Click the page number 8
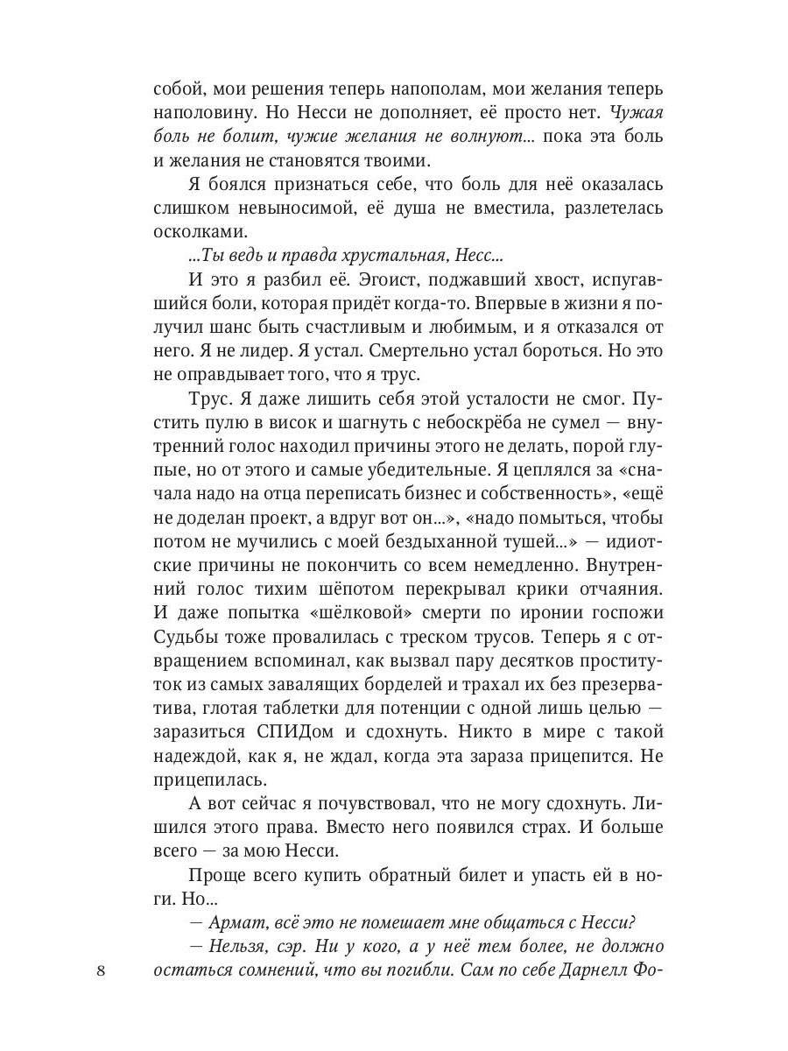click(102, 970)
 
